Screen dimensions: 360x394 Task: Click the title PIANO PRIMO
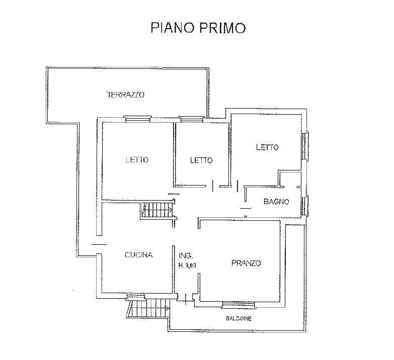[198, 27]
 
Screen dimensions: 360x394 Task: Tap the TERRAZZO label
[126, 95]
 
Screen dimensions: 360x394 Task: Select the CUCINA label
[138, 255]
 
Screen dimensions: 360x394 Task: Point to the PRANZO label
[246, 263]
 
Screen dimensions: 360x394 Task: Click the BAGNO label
[276, 202]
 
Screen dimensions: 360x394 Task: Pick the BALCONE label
[239, 319]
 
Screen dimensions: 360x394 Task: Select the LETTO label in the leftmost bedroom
[137, 160]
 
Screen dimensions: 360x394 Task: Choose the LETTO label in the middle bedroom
[201, 160]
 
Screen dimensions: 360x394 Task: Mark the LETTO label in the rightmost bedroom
[267, 147]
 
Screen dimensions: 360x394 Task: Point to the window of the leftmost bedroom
[137, 119]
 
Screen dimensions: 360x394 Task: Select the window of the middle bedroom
[192, 119]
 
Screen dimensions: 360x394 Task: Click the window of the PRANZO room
[239, 304]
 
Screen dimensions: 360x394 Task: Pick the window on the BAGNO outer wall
[305, 205]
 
